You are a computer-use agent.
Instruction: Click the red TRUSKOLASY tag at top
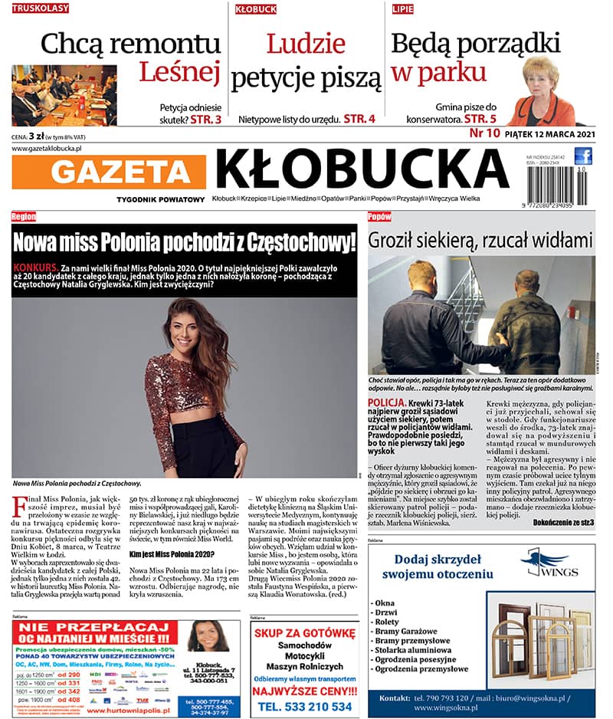(41, 8)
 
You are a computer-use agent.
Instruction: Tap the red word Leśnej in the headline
(179, 72)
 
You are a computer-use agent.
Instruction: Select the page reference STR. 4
(359, 119)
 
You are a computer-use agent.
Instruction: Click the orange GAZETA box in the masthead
(109, 172)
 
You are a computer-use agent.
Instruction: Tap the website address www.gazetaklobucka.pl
(47, 148)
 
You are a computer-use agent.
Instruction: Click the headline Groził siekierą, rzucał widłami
(481, 240)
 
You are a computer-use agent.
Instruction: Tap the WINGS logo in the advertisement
(545, 564)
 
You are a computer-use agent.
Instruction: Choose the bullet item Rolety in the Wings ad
(387, 622)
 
